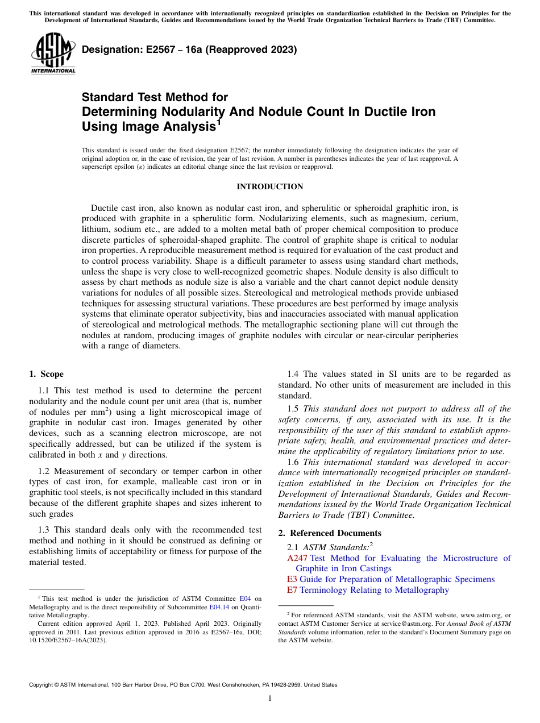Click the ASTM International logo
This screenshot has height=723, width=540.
pos(53,54)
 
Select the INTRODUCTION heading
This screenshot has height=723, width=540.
pos(269,186)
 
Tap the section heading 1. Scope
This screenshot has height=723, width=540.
pos(46,374)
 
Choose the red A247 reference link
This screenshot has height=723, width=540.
pos(297,558)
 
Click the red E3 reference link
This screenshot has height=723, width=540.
pos(292,579)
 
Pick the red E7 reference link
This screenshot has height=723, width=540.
pos(292,590)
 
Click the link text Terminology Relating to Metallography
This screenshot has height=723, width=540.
pos(374,590)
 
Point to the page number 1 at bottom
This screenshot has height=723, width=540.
pos(270,699)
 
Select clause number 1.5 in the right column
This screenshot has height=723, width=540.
pos(294,409)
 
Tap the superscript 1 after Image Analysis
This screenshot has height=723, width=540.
pos(219,122)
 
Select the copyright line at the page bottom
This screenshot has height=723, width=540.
pos(183,685)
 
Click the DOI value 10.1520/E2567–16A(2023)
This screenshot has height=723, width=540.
pos(68,639)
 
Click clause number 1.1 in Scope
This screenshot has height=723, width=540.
pos(44,390)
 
